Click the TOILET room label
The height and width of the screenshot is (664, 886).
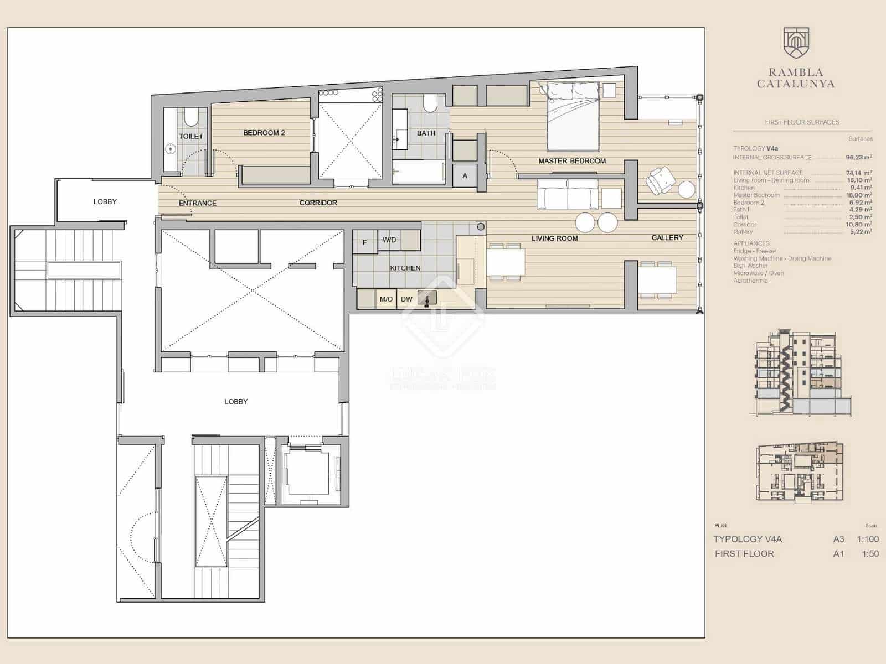click(190, 136)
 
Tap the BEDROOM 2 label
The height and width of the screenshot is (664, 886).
click(264, 133)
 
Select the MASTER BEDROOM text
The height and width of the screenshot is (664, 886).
click(572, 161)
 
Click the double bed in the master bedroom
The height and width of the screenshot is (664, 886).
click(573, 116)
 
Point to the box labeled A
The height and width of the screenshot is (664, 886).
click(465, 175)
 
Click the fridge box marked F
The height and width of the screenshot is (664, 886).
click(364, 242)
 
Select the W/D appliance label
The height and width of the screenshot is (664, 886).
click(389, 240)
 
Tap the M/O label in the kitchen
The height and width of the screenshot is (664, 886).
click(386, 299)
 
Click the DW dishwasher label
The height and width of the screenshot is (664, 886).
click(406, 299)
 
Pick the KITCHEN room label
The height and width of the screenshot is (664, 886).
click(405, 268)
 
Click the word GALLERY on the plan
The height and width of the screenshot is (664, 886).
click(667, 237)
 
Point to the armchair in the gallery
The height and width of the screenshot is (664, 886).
click(661, 180)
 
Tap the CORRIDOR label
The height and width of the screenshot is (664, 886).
click(318, 203)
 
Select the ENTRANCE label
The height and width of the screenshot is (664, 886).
click(197, 203)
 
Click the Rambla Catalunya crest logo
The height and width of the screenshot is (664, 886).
click(796, 43)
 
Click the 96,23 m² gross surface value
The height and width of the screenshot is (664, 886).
click(859, 158)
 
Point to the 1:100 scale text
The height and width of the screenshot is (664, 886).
click(867, 539)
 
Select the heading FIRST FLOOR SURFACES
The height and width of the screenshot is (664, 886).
click(802, 122)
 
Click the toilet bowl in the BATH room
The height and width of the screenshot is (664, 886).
click(430, 103)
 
